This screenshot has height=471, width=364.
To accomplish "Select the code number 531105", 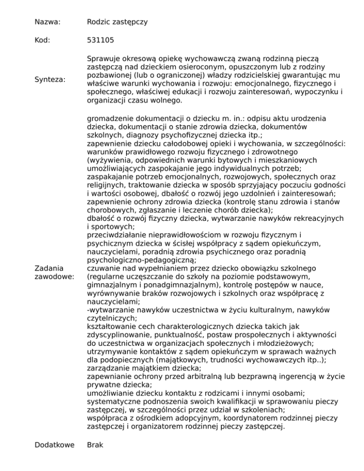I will [x=101, y=41].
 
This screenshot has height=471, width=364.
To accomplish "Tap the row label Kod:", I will [x=45, y=41].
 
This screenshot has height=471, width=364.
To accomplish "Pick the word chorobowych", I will [x=110, y=210].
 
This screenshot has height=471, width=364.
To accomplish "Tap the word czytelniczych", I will [x=111, y=319].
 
